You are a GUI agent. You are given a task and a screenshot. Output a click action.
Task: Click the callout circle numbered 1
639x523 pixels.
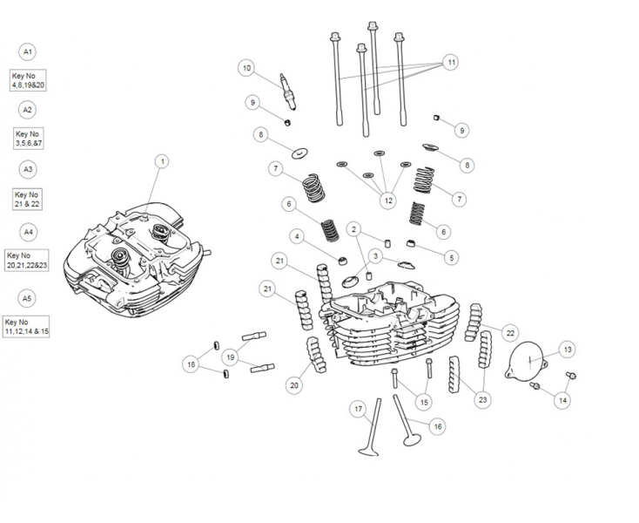tap(162, 162)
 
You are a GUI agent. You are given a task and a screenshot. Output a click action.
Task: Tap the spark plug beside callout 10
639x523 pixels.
tap(287, 92)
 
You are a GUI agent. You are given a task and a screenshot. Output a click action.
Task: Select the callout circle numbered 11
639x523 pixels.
tap(451, 62)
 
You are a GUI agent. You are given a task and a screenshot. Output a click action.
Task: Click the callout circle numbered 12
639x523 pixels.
tap(388, 200)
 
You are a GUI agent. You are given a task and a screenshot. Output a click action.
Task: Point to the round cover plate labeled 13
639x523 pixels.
tap(526, 360)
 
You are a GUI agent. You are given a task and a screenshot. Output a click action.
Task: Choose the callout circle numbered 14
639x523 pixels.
tap(562, 400)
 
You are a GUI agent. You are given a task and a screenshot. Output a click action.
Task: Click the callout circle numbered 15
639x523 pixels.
tap(424, 402)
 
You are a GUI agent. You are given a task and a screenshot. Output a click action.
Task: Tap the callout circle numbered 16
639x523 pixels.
tap(438, 426)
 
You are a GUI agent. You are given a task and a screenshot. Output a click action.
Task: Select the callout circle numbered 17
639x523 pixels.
tap(358, 409)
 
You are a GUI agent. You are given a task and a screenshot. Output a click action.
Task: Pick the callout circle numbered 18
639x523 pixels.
tap(191, 363)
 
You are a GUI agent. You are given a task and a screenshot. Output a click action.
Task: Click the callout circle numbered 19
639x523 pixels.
tap(230, 357)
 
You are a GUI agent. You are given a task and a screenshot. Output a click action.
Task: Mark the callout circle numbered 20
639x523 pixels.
tap(294, 385)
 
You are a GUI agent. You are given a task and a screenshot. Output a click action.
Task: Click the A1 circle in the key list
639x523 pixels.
tap(27, 51)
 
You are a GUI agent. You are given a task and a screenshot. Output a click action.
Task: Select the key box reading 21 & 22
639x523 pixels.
tap(27, 200)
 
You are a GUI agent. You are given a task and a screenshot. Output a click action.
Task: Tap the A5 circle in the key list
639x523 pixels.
tap(27, 299)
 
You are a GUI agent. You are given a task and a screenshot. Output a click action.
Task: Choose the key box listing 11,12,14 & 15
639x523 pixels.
tap(26, 327)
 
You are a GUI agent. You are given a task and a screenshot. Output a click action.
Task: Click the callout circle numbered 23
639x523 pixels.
tap(482, 400)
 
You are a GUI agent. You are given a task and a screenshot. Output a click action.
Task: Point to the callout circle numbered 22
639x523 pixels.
tap(510, 333)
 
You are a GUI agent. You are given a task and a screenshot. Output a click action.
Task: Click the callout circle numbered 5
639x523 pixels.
tap(451, 258)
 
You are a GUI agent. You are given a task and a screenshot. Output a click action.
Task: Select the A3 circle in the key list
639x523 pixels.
tap(28, 169)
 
